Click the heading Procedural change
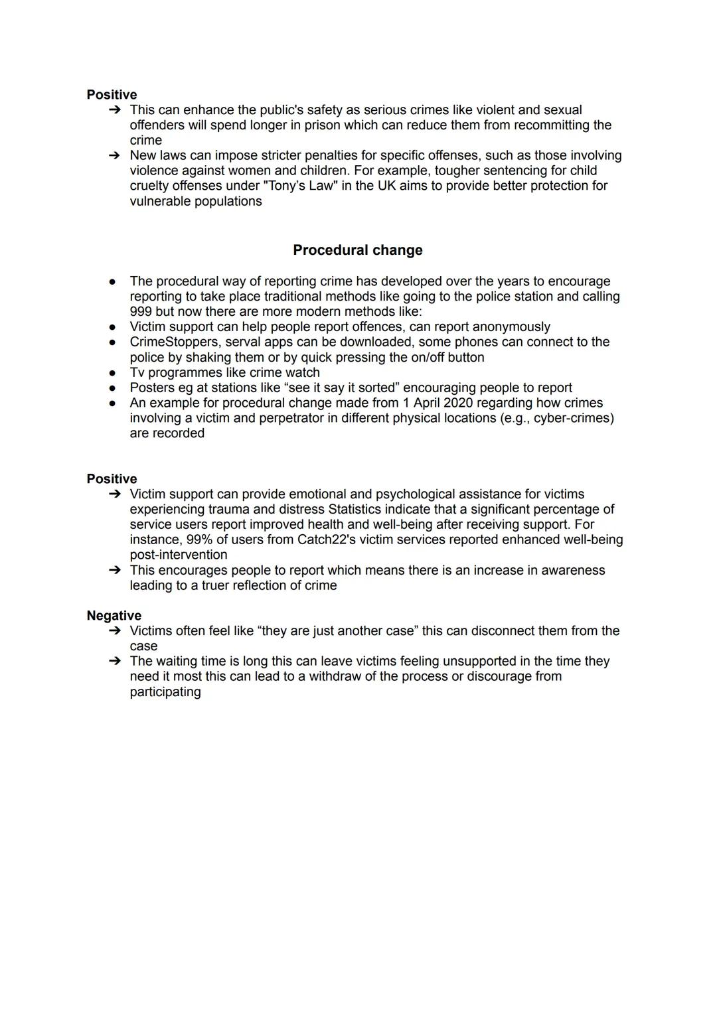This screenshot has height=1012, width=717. click(357, 250)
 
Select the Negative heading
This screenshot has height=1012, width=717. click(114, 616)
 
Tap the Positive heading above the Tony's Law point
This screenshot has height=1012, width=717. click(112, 95)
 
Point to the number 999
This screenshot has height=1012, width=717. click(141, 312)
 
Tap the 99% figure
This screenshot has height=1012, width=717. click(200, 540)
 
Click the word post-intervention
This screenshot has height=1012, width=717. click(179, 555)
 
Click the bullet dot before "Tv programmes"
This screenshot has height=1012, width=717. click(114, 373)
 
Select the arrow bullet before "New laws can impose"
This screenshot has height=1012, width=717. click(114, 155)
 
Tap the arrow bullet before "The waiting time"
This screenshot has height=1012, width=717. click(114, 661)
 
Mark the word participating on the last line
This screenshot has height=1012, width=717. click(165, 691)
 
